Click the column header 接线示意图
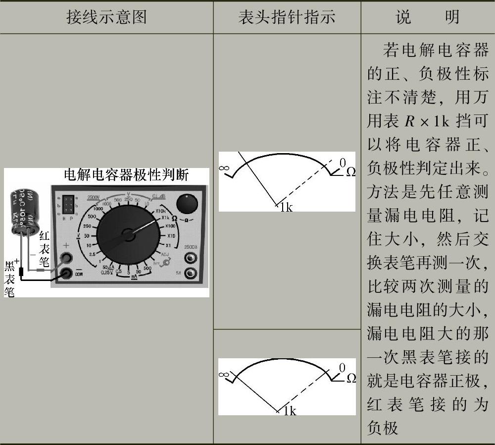click(106, 18)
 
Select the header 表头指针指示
click(287, 18)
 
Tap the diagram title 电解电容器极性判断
click(127, 175)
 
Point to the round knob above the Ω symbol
click(187, 203)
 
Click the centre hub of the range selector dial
click(129, 234)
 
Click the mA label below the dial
click(134, 278)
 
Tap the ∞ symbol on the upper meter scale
click(224, 168)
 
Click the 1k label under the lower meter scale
click(287, 411)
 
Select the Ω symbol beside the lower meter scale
click(351, 378)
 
